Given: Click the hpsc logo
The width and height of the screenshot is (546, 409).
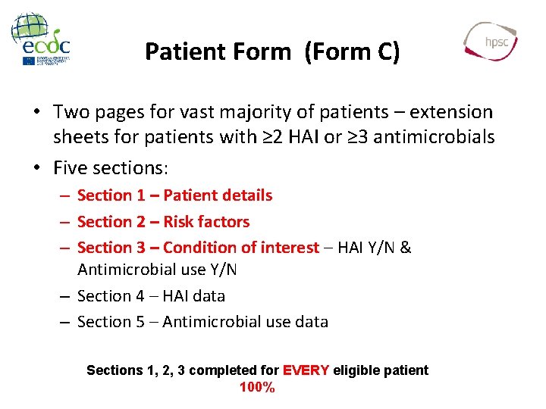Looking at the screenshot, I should coord(492,41).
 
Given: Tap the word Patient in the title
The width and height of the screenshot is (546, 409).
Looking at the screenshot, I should coord(179,52).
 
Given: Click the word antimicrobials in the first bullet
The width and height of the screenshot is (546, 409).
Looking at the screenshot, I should coord(431,137).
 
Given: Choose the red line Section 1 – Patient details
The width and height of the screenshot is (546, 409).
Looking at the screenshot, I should coord(174,195).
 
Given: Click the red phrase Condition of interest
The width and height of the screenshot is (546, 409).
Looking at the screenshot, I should coord(240,248).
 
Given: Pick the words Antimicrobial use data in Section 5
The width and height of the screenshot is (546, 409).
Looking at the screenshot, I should coord(245,322).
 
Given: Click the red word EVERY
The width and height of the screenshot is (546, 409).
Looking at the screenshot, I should coord(306,370).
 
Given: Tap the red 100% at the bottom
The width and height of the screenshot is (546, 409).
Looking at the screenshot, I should coord(257,388).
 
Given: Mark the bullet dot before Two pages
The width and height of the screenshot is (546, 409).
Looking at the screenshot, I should coord(36,113).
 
